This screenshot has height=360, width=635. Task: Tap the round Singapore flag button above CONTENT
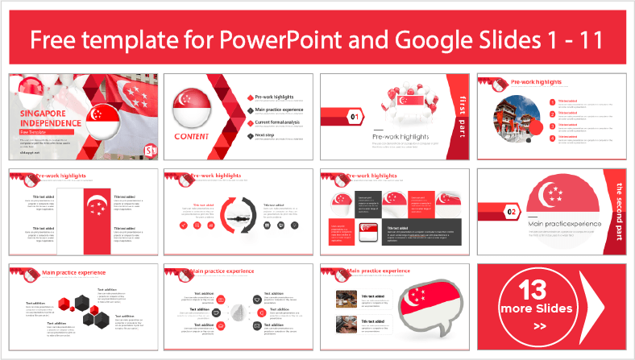coord(192,110)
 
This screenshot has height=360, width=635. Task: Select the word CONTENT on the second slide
coord(191,137)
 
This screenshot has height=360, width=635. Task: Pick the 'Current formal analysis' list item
coord(283,122)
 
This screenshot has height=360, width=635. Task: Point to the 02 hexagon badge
coord(511,213)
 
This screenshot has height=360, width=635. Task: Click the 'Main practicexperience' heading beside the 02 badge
coord(566,223)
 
